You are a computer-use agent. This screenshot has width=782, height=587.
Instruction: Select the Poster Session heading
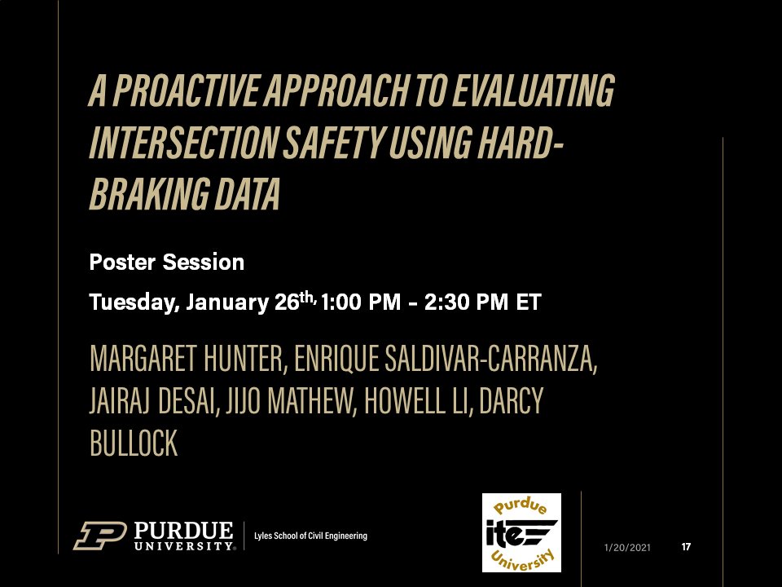point(167,263)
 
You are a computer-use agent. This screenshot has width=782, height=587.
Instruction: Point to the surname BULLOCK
point(134,445)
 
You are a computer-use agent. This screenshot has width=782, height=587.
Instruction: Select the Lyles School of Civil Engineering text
point(311,536)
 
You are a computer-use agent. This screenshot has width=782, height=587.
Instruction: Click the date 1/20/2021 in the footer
point(627,547)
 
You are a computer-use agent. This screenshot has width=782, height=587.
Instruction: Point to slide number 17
point(686,546)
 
